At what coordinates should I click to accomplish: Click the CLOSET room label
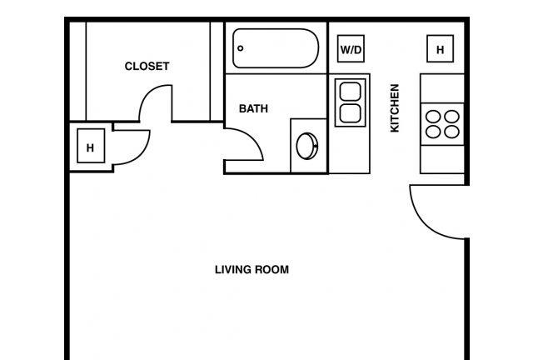(x=147, y=66)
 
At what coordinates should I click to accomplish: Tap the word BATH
(x=253, y=108)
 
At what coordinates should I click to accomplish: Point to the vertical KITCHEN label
(x=394, y=107)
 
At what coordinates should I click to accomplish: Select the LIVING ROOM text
(x=252, y=269)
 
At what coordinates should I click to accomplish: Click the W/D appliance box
(x=351, y=48)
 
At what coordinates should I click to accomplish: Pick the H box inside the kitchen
(x=441, y=48)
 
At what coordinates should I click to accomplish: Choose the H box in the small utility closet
(x=91, y=146)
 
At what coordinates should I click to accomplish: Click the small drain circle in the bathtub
(x=241, y=48)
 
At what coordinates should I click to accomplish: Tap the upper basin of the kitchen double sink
(x=351, y=91)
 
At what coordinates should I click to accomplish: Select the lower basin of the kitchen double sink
(x=351, y=113)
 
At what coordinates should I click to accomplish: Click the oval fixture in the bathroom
(x=307, y=146)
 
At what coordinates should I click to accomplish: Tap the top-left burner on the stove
(x=433, y=117)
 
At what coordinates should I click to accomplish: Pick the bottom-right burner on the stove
(x=451, y=132)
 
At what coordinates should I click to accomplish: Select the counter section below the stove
(x=442, y=159)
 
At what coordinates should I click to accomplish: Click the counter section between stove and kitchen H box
(x=442, y=88)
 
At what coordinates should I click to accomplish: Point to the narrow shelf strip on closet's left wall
(x=77, y=72)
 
